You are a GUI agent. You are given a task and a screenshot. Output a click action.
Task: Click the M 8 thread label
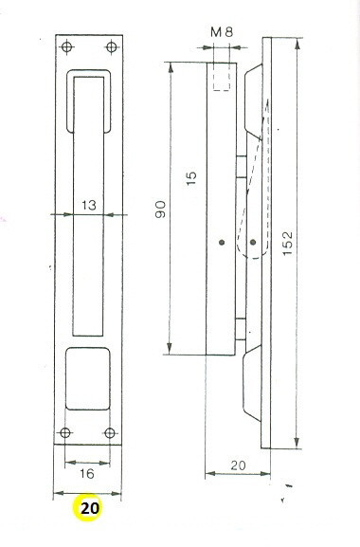click(x=222, y=32)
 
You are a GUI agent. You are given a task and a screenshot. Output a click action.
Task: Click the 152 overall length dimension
click(x=287, y=243)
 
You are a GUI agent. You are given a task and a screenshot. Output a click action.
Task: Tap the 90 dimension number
click(x=161, y=210)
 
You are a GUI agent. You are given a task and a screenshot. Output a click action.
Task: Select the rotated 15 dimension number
click(x=191, y=178)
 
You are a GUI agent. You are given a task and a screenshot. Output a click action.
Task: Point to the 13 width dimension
click(x=89, y=205)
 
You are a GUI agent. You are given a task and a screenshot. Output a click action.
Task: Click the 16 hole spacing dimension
click(x=87, y=473)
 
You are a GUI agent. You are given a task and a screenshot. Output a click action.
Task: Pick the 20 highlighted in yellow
click(x=90, y=508)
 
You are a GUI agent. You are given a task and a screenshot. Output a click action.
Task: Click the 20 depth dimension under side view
click(x=238, y=465)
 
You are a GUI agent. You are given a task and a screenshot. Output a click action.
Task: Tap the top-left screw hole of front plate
click(x=67, y=46)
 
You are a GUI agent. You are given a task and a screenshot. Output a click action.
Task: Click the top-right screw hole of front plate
click(x=112, y=46)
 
